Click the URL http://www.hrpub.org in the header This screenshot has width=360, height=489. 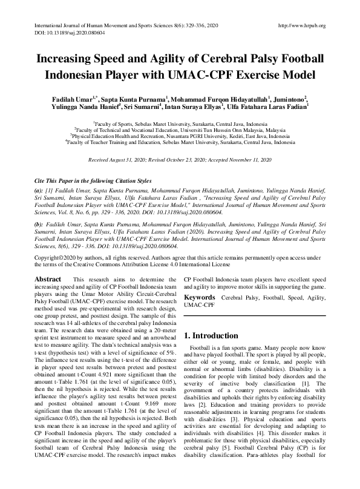click(301, 25)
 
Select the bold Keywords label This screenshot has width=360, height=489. click(200, 298)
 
